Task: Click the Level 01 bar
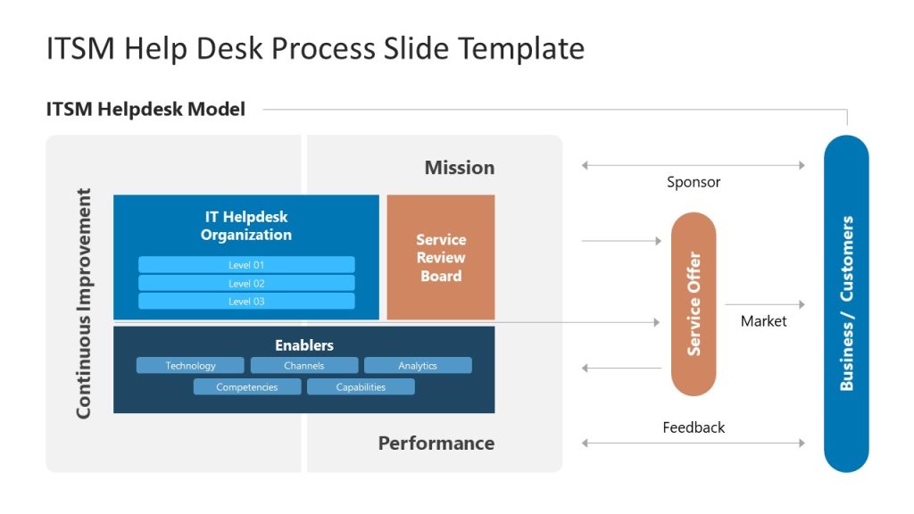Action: tap(246, 265)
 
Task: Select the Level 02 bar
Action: tap(246, 283)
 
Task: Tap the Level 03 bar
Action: tap(246, 302)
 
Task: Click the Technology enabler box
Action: tap(190, 366)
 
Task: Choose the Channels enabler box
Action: tap(304, 366)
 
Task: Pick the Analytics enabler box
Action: tap(418, 366)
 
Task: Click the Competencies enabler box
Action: tap(247, 387)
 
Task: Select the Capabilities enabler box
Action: tap(361, 387)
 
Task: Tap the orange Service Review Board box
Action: tap(441, 258)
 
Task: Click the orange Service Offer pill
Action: tap(694, 304)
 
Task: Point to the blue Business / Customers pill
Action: tap(846, 303)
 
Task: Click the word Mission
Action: tap(459, 168)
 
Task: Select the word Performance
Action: tap(436, 444)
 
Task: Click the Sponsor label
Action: tap(694, 182)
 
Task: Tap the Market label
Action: tap(764, 321)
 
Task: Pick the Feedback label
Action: tap(694, 427)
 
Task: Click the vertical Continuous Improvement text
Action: tap(84, 303)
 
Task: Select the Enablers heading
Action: tap(304, 345)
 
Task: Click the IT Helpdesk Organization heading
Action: tap(246, 226)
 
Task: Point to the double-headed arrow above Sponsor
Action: tap(693, 165)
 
